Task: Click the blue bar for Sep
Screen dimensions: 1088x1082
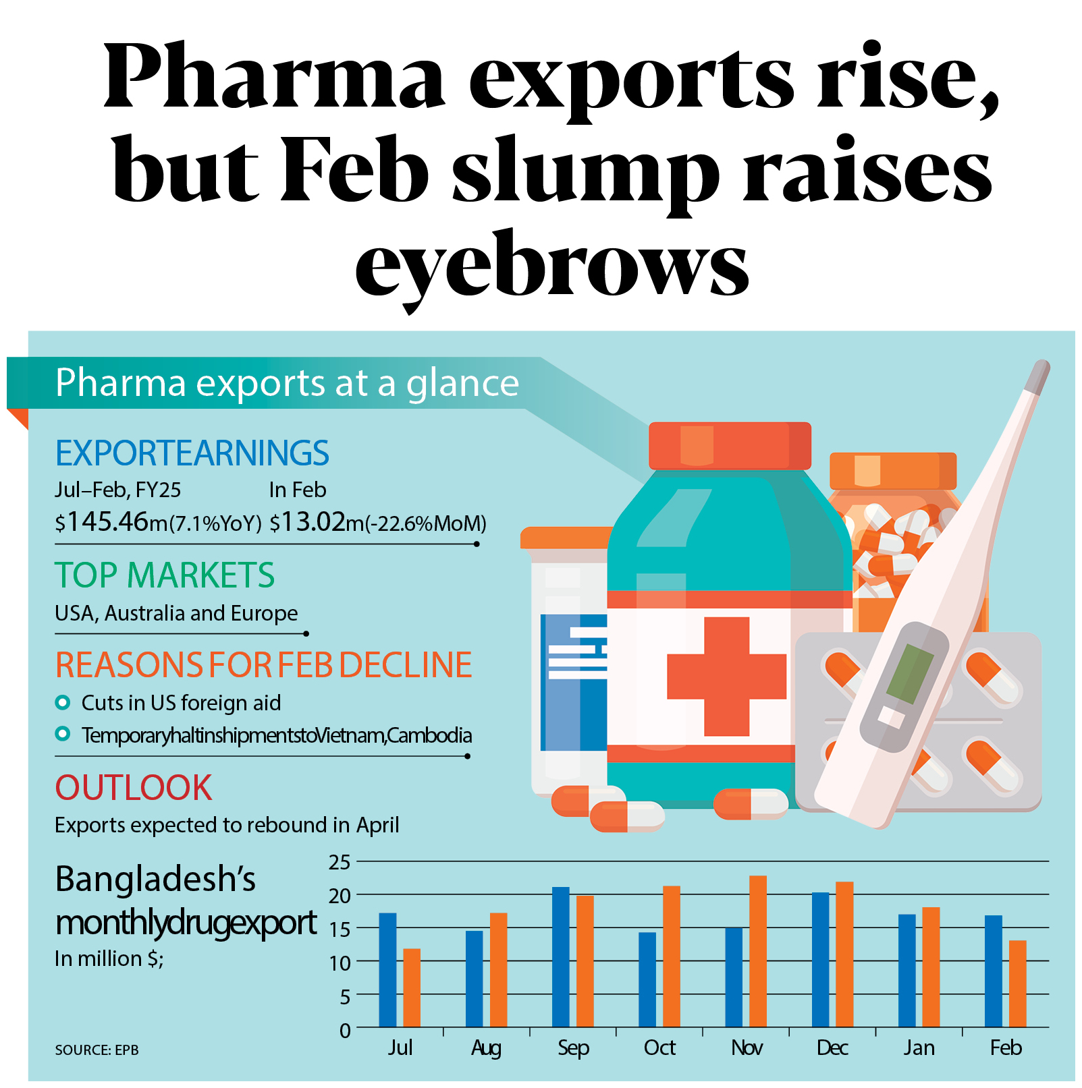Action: [560, 957]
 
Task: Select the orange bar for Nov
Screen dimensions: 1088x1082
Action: [757, 951]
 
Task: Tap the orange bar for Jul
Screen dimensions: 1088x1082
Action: [412, 987]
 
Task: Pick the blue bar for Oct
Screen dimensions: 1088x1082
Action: [647, 979]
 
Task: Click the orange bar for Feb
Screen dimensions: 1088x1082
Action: [1017, 983]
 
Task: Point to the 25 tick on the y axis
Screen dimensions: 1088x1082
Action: [340, 862]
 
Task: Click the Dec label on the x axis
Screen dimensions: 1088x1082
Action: [832, 1048]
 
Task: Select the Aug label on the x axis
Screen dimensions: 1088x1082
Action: [486, 1048]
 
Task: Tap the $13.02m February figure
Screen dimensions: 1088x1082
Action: [307, 522]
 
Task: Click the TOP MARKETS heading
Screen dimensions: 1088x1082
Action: [165, 575]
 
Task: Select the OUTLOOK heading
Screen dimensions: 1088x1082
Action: [134, 787]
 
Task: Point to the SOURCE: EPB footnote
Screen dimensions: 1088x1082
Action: [97, 1050]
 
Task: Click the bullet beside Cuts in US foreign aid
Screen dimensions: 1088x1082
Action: [63, 703]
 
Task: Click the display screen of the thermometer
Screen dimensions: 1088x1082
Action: [909, 674]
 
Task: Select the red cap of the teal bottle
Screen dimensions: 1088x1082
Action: [730, 445]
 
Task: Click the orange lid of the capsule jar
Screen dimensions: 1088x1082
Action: [892, 470]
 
